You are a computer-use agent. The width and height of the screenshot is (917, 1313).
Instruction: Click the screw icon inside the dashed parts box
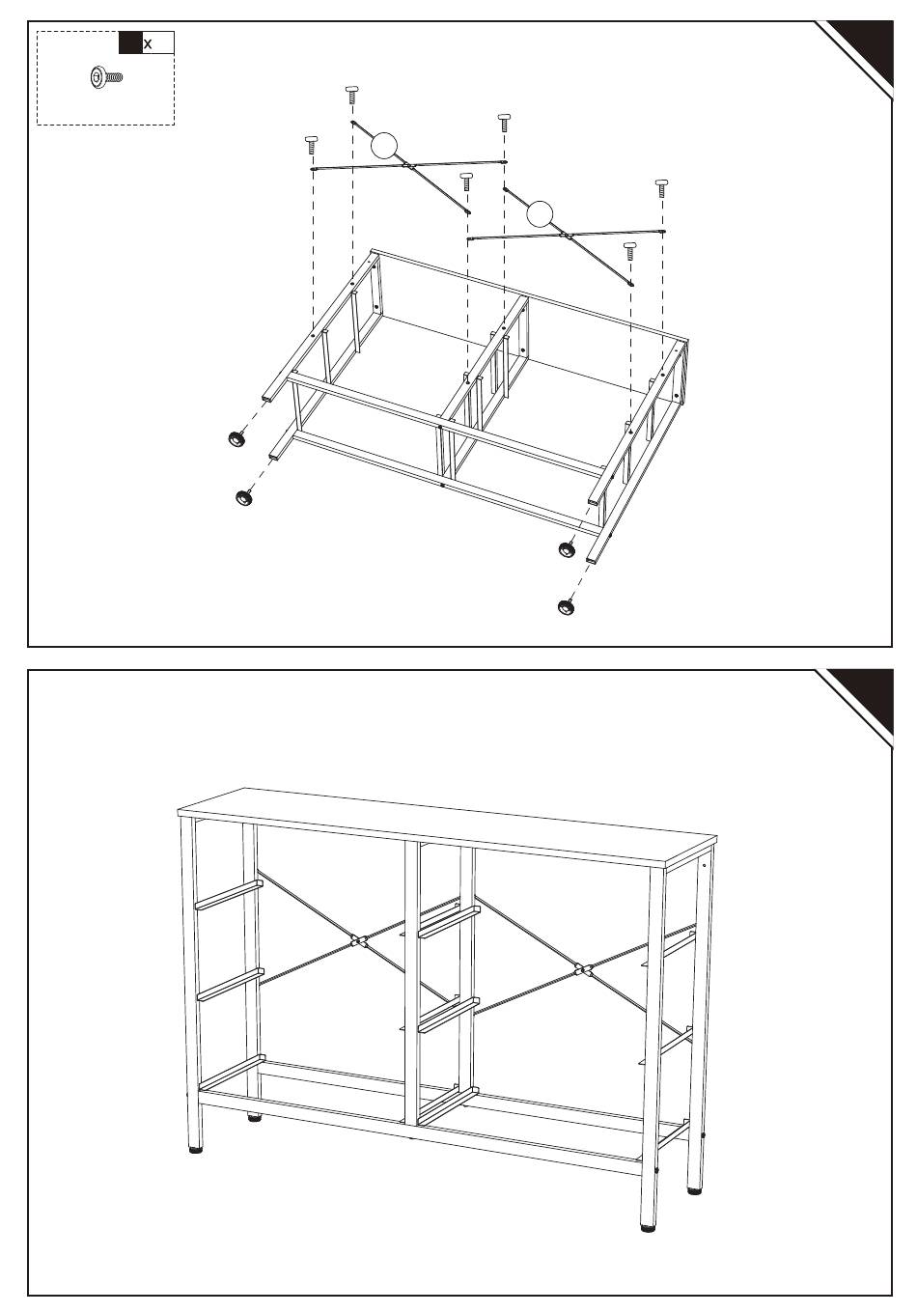click(x=106, y=77)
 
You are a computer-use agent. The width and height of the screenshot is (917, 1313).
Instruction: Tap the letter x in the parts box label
click(x=148, y=44)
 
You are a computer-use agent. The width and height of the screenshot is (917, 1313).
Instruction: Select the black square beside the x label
click(x=130, y=42)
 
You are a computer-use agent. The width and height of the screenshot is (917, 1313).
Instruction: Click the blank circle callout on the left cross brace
click(x=384, y=146)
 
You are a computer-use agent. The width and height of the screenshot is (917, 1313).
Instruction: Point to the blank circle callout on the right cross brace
click(x=539, y=214)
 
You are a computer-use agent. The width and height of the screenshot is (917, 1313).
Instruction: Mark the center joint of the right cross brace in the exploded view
click(x=566, y=236)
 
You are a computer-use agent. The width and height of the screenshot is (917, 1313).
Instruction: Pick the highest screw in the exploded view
click(x=351, y=95)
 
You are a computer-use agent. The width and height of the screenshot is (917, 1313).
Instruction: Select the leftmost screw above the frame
click(x=311, y=145)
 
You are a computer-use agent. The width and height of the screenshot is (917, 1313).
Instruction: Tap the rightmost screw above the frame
click(x=661, y=188)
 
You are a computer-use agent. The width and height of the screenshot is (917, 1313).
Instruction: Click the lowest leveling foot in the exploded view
click(x=566, y=607)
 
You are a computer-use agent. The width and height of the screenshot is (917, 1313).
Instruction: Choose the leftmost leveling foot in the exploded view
click(x=236, y=438)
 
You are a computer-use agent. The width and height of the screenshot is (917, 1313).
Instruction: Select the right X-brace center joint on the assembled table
click(x=583, y=970)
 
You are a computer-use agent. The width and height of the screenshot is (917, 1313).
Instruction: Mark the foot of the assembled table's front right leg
click(x=648, y=1227)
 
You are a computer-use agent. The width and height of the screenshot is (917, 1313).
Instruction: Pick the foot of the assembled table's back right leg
click(x=694, y=1190)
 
